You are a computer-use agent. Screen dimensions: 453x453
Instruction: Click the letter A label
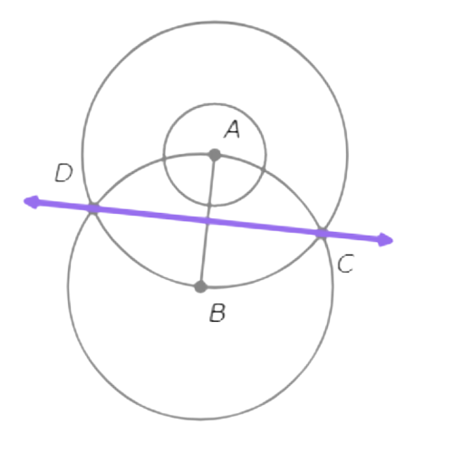click(232, 130)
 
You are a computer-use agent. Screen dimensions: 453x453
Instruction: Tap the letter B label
click(217, 313)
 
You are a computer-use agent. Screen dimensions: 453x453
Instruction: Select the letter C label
click(346, 264)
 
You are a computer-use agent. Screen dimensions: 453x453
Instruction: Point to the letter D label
click(63, 173)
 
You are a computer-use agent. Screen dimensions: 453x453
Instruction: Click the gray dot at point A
click(215, 155)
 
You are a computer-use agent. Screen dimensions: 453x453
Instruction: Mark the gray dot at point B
click(200, 286)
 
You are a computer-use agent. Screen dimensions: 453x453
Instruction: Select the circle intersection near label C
click(322, 234)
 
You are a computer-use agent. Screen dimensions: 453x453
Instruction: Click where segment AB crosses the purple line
click(207, 221)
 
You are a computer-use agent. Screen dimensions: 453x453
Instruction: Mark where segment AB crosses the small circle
click(209, 206)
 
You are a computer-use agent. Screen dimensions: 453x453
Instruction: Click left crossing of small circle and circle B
click(164, 159)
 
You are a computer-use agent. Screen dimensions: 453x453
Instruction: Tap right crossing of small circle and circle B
click(265, 170)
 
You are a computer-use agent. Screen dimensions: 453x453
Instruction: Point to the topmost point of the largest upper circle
click(215, 22)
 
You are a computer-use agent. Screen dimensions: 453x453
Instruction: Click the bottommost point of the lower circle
click(200, 419)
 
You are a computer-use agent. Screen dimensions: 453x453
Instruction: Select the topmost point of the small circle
click(215, 104)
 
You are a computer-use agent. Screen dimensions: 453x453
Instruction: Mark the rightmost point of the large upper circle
click(347, 155)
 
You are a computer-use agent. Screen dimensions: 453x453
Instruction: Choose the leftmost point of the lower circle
click(68, 286)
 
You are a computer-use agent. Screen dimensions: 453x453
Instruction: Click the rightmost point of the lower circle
click(333, 286)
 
